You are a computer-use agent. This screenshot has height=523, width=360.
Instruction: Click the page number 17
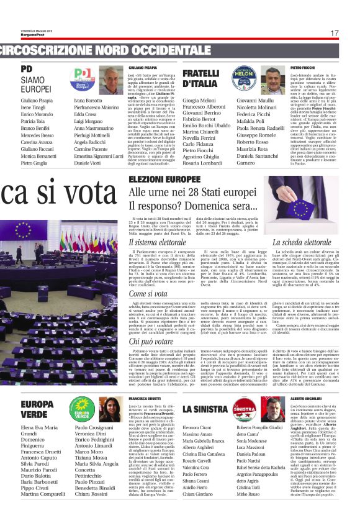tap(335, 33)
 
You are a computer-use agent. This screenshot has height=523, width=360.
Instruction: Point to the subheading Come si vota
tap(148, 293)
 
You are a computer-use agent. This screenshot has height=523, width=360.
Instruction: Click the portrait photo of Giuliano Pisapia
tap(111, 80)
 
